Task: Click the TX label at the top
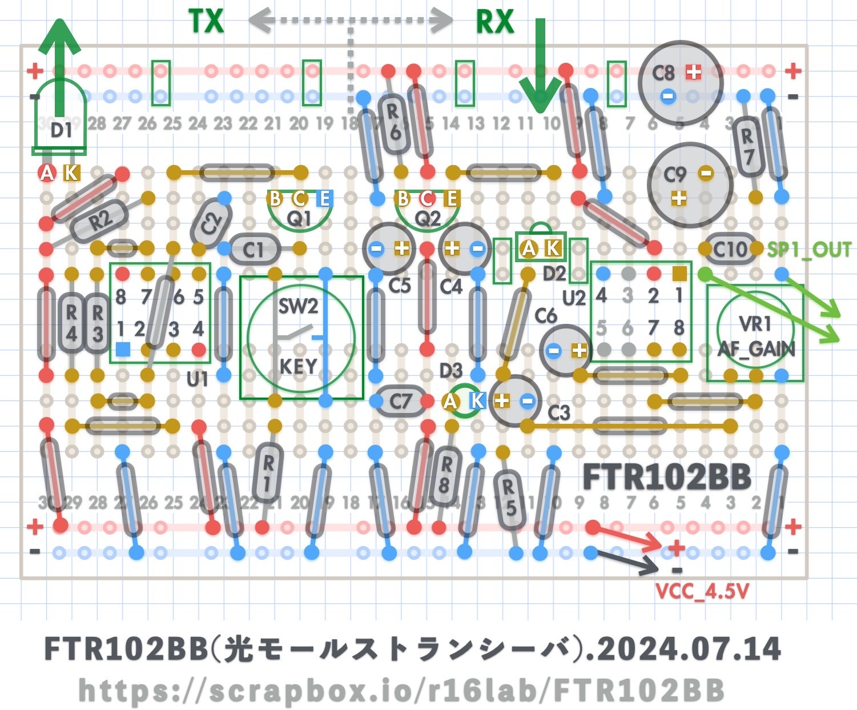click(206, 22)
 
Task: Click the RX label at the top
click(495, 22)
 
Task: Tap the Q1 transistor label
click(299, 218)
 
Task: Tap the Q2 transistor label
click(427, 218)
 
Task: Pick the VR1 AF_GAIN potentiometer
click(755, 334)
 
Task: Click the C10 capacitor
click(730, 249)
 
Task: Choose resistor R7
click(747, 145)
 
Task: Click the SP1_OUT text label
click(808, 250)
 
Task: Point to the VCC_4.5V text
click(702, 592)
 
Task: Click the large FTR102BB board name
click(666, 478)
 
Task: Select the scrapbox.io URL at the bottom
click(401, 691)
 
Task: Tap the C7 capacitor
click(401, 401)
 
